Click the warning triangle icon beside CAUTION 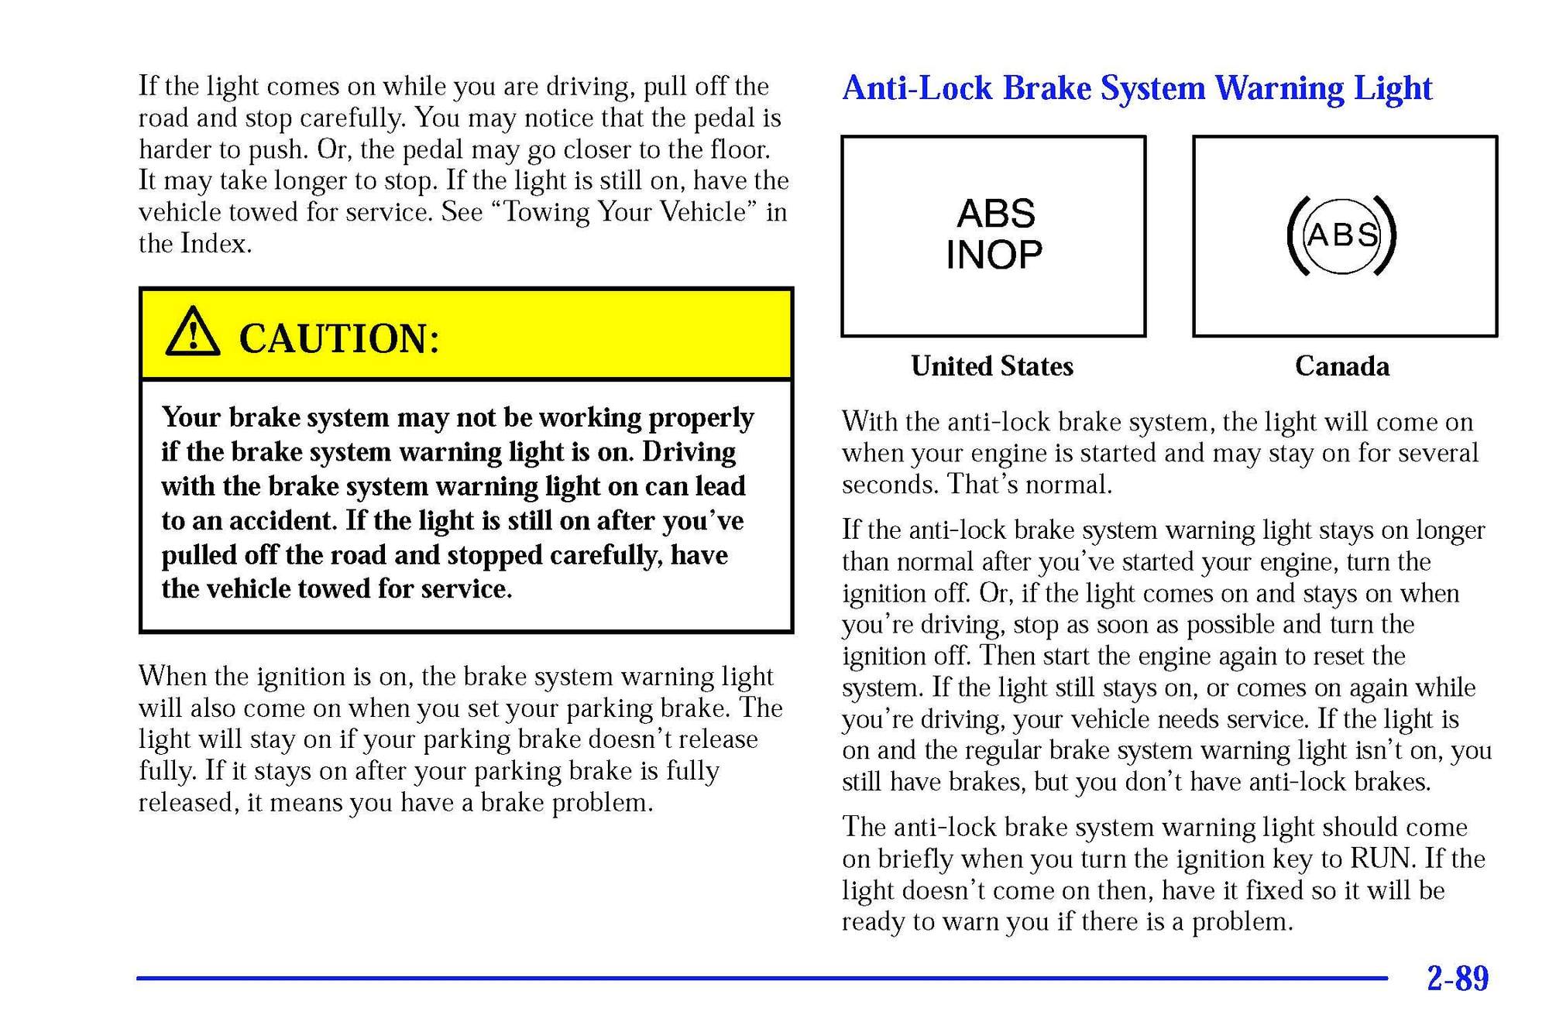point(193,333)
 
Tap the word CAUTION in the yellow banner point(338,338)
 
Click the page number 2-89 point(1457,979)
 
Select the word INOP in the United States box point(994,255)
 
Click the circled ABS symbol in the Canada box point(1342,235)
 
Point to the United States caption point(991,366)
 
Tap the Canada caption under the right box point(1341,366)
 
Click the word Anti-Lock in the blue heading point(917,88)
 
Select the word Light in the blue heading point(1393,88)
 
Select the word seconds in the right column point(891,485)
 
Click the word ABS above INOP point(996,214)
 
